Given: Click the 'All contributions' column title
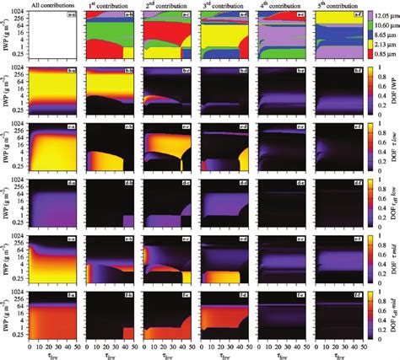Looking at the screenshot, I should [x=56, y=4].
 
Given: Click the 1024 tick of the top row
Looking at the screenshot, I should [x=20, y=12].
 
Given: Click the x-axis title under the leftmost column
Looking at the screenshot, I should [x=56, y=354].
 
